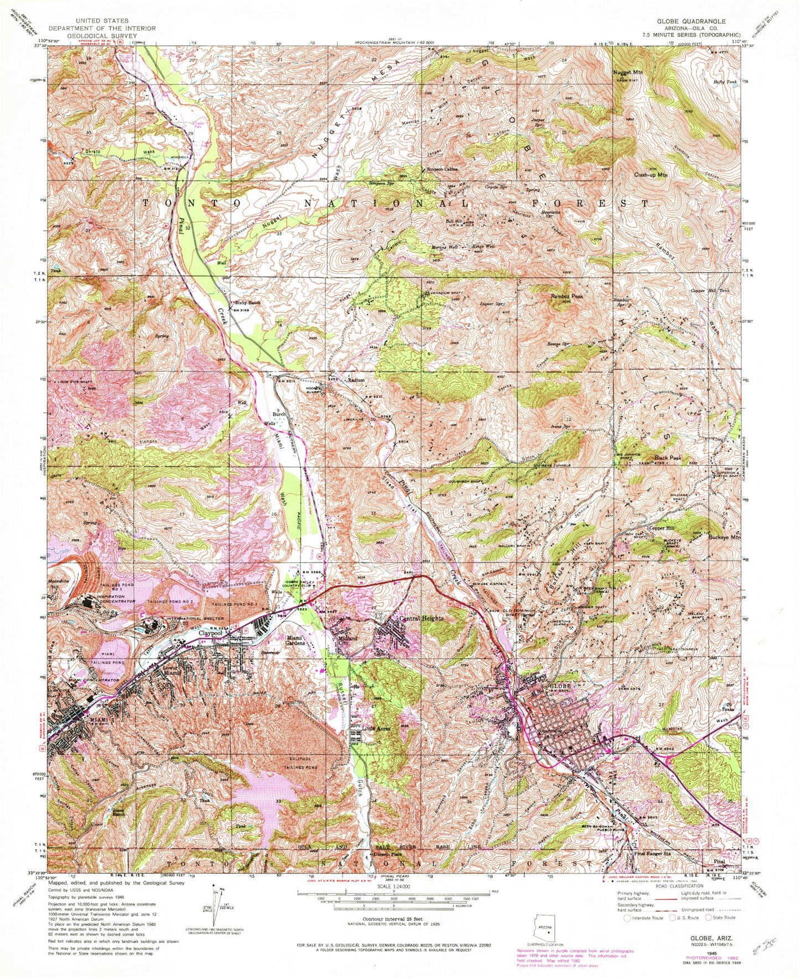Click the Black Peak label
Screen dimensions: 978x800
point(668,458)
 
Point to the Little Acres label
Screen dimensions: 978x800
point(376,729)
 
